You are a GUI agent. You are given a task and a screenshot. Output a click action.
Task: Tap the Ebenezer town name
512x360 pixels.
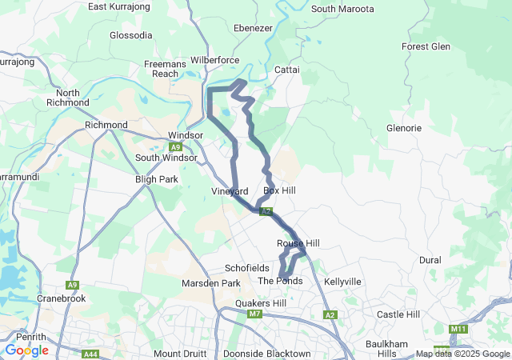pyautogui.click(x=254, y=27)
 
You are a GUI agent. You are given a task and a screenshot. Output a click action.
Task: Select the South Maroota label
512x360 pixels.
pyautogui.click(x=342, y=9)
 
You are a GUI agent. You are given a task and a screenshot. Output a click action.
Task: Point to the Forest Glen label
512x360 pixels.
pyautogui.click(x=426, y=46)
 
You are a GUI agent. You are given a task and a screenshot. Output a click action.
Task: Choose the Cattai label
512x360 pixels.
pyautogui.click(x=286, y=70)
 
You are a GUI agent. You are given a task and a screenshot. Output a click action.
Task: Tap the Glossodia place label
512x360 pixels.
pyautogui.click(x=130, y=36)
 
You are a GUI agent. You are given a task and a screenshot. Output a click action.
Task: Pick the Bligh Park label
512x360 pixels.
pyautogui.click(x=157, y=180)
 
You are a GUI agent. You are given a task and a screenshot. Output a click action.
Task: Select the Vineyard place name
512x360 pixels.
pyautogui.click(x=230, y=191)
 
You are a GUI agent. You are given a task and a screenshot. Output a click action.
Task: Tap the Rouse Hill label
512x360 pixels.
pyautogui.click(x=298, y=243)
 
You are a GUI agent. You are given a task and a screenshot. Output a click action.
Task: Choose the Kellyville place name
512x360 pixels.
pyautogui.click(x=343, y=282)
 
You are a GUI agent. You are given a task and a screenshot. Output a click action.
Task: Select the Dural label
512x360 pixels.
pyautogui.click(x=430, y=261)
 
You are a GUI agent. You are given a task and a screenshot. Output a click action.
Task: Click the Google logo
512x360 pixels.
pyautogui.click(x=26, y=350)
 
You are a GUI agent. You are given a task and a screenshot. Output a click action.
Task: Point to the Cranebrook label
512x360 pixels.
pyautogui.click(x=62, y=298)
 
